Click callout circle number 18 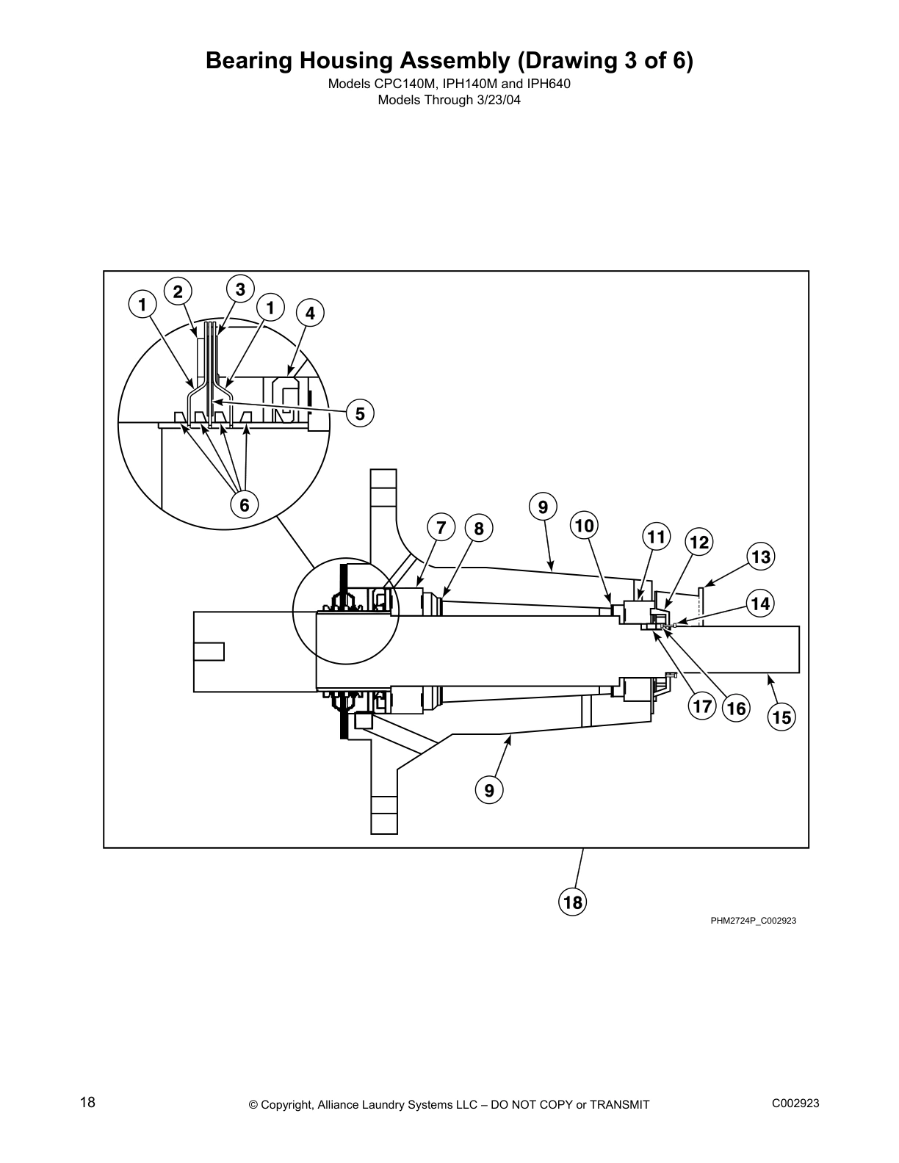pos(572,902)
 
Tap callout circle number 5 pos(360,414)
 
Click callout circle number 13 pos(761,557)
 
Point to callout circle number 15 pos(782,717)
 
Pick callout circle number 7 pos(441,527)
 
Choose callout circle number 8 pos(479,529)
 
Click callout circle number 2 pos(178,292)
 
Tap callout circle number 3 pos(240,289)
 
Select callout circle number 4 pos(310,314)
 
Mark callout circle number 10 pos(585,526)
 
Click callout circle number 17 pos(702,706)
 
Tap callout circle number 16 pos(736,709)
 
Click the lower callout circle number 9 pos(489,790)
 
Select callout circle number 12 pos(699,543)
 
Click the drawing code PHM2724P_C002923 pos(753,921)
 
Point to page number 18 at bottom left pos(87,1102)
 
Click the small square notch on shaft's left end pos(209,651)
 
